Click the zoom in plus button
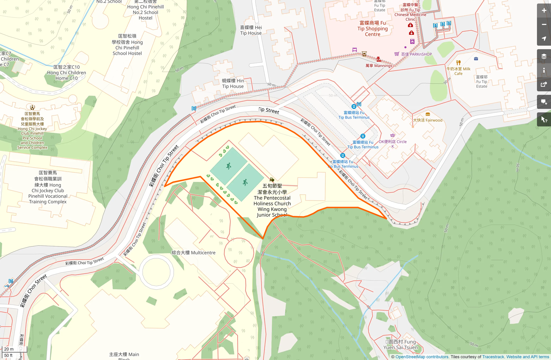(x=544, y=11)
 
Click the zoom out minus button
(x=544, y=25)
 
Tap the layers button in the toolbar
(x=544, y=56)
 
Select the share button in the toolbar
(x=544, y=85)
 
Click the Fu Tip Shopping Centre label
(x=372, y=29)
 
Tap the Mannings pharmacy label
(x=379, y=66)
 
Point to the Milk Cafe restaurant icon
(x=458, y=63)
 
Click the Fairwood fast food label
(x=428, y=120)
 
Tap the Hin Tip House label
(x=233, y=83)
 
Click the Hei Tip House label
(x=251, y=30)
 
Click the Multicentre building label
(x=193, y=253)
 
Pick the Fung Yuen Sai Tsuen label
(x=400, y=344)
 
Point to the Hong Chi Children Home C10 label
(x=66, y=73)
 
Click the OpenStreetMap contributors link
(x=422, y=357)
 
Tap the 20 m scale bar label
(x=9, y=349)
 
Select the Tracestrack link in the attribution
(x=493, y=357)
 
